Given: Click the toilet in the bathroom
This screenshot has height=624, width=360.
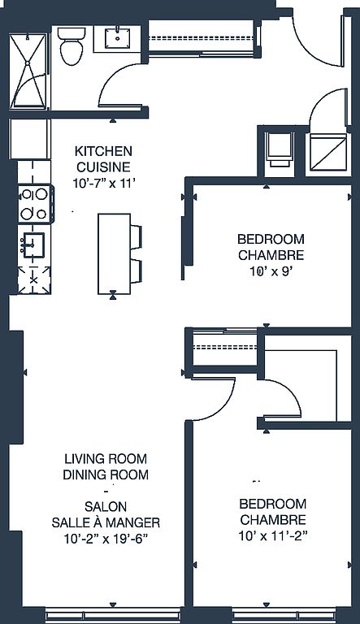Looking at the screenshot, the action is point(72,45).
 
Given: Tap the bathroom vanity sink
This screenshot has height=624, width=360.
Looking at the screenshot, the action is point(118,39).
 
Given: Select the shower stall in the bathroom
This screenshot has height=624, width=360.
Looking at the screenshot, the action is point(28,71).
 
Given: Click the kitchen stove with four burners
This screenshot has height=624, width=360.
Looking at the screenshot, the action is point(36,204).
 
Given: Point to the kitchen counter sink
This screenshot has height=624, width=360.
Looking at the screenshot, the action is point(33,245).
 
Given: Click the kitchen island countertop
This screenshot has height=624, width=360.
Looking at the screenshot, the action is point(115,253).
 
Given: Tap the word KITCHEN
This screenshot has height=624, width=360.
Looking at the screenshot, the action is point(103,151).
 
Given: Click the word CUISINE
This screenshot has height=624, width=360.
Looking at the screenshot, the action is point(103,167).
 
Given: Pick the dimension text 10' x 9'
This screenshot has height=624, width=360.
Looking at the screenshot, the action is point(271,271).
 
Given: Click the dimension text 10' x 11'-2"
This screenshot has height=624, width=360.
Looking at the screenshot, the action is point(274,536).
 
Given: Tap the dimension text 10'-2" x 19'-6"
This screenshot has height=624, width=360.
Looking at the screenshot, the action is point(106,539).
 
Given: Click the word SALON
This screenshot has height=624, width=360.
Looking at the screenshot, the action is point(106,507).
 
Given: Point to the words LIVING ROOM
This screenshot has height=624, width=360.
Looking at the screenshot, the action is point(106,459).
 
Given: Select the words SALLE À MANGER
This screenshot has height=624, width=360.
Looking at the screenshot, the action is point(106,522).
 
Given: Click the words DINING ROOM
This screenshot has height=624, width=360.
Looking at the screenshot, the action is point(106,474).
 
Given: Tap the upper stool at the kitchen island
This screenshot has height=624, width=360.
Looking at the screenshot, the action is point(136,236).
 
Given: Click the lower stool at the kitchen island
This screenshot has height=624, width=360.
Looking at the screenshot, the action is point(136,271).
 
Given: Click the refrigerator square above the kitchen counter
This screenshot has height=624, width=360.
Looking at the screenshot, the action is point(29,139).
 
